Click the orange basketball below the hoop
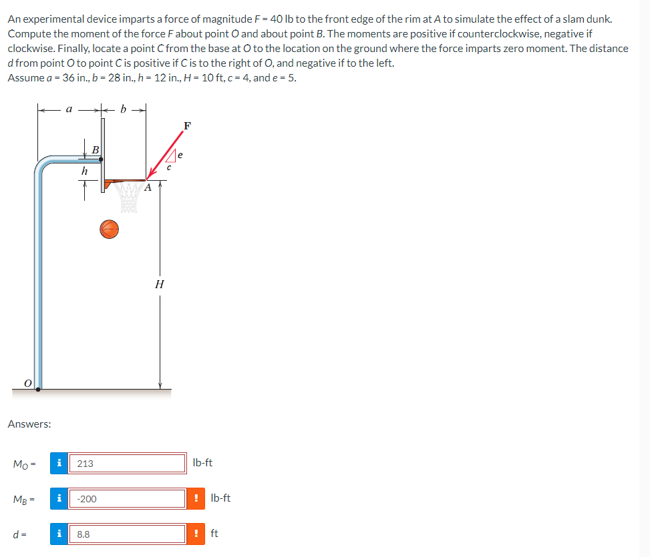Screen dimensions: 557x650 click(110, 229)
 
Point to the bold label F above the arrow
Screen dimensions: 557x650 click(186, 125)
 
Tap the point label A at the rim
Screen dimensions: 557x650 click(148, 188)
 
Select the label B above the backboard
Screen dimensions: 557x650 click(95, 150)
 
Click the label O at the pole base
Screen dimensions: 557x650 click(27, 382)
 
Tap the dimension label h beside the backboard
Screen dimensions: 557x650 click(83, 171)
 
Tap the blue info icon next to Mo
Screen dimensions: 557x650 click(59, 463)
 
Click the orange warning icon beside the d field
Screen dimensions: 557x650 click(195, 534)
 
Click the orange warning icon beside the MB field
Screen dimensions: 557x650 click(195, 498)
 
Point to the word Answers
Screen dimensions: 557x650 click(29, 424)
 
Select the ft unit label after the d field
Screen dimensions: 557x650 click(215, 533)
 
